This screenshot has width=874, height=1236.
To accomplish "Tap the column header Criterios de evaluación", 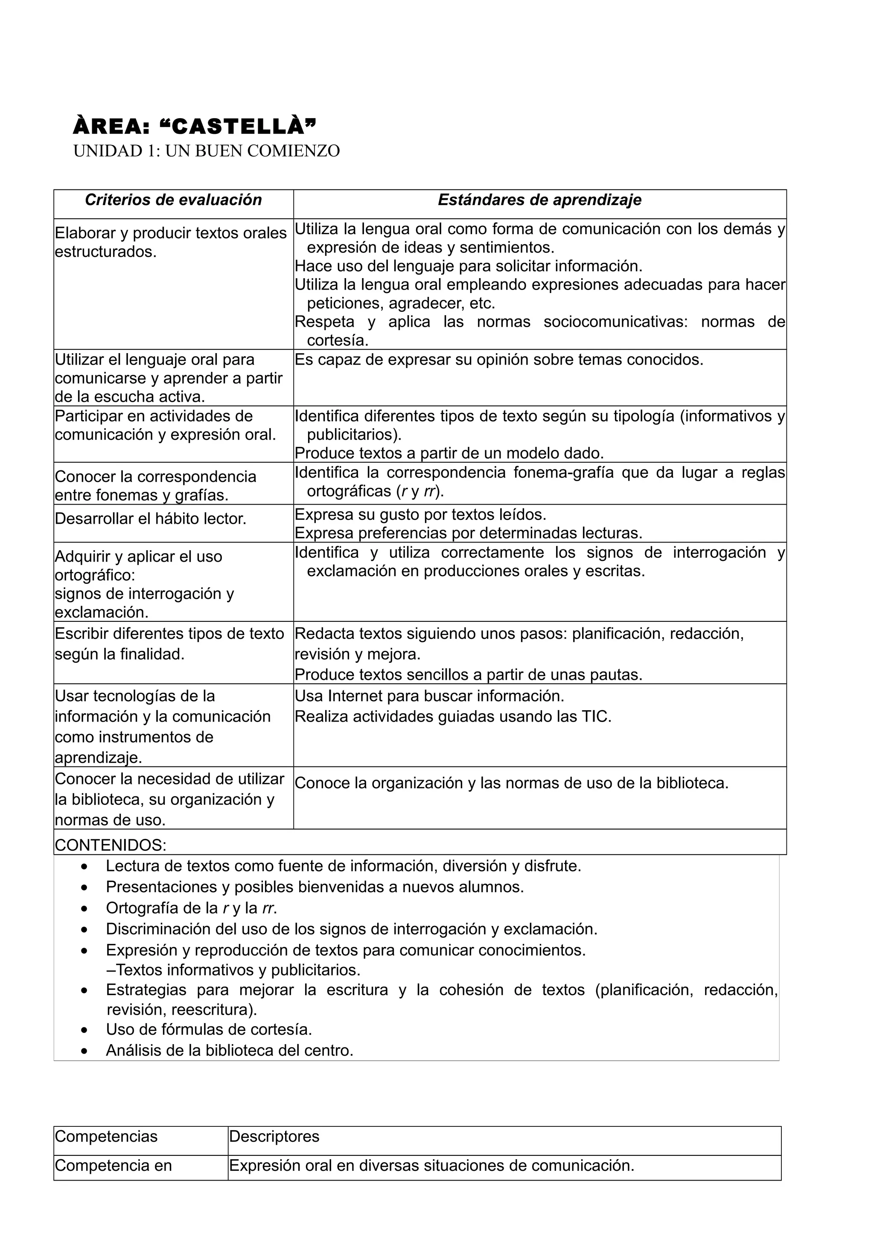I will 173,200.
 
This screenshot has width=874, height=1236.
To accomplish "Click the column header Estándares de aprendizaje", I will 539,200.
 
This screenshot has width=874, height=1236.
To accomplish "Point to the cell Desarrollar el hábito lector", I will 151,519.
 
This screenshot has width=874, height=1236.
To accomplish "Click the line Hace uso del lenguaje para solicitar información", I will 469,266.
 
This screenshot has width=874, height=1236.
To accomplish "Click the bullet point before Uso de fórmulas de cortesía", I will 84,1030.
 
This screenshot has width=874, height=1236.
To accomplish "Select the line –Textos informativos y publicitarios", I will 233,970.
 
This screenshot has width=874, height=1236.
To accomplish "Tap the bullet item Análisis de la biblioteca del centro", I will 230,1050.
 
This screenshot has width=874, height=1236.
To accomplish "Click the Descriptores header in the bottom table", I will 274,1136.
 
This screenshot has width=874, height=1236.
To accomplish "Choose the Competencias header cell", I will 106,1136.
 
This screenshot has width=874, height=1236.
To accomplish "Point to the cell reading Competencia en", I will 113,1166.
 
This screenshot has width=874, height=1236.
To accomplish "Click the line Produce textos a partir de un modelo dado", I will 449,453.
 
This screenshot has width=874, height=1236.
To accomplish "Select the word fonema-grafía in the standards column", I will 563,473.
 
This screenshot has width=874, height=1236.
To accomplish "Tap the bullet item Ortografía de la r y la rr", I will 191,908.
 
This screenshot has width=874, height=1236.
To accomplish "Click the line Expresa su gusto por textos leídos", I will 420,515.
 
